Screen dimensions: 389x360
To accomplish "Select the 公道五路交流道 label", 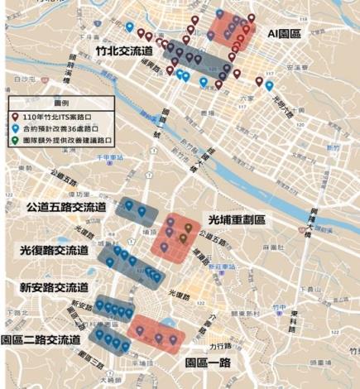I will pos(66,206).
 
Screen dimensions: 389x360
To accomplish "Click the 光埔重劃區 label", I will pos(237,220).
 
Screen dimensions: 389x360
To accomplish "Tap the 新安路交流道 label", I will pos(55,287).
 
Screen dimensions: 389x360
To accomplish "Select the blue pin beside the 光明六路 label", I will pos(269,84).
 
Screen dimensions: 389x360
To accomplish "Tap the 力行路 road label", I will pos(220,347).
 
